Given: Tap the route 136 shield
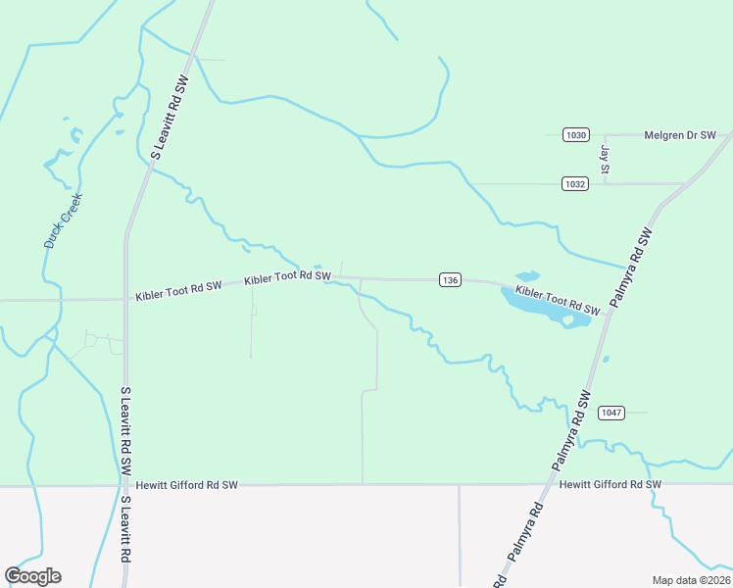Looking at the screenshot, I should pyautogui.click(x=450, y=280).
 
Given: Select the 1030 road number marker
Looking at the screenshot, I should pyautogui.click(x=576, y=135).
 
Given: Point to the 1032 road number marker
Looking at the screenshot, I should pyautogui.click(x=576, y=183).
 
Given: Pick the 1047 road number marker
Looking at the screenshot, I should pyautogui.click(x=611, y=413).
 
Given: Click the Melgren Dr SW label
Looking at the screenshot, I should pyautogui.click(x=680, y=135).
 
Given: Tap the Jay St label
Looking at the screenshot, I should pyautogui.click(x=605, y=160).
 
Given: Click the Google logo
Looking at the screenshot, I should pyautogui.click(x=32, y=575).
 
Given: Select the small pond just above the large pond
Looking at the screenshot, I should pyautogui.click(x=527, y=276).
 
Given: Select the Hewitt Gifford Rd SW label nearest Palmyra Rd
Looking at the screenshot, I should pyautogui.click(x=611, y=485).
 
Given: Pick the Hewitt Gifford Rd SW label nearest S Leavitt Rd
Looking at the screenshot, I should pyautogui.click(x=187, y=485).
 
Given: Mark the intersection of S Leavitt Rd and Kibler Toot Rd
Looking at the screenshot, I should pyautogui.click(x=125, y=299).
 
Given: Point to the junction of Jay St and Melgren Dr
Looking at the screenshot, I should pyautogui.click(x=606, y=135).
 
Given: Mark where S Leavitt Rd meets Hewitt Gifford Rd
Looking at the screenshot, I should pyautogui.click(x=125, y=484).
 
